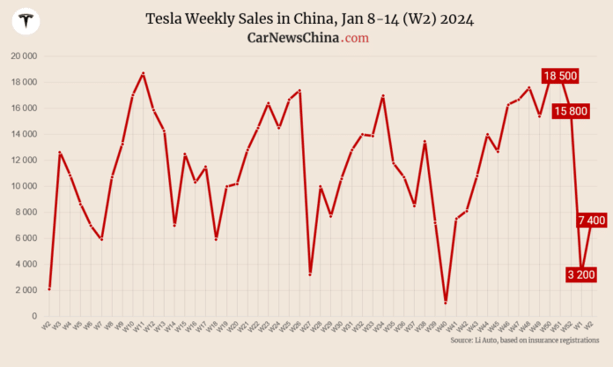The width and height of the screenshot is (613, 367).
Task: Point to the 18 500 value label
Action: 560,76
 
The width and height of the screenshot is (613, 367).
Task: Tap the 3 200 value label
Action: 581,274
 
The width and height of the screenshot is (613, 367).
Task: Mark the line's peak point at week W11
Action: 143,73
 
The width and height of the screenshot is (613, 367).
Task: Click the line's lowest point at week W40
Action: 446,303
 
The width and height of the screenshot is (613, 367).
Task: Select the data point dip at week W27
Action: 310,274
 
